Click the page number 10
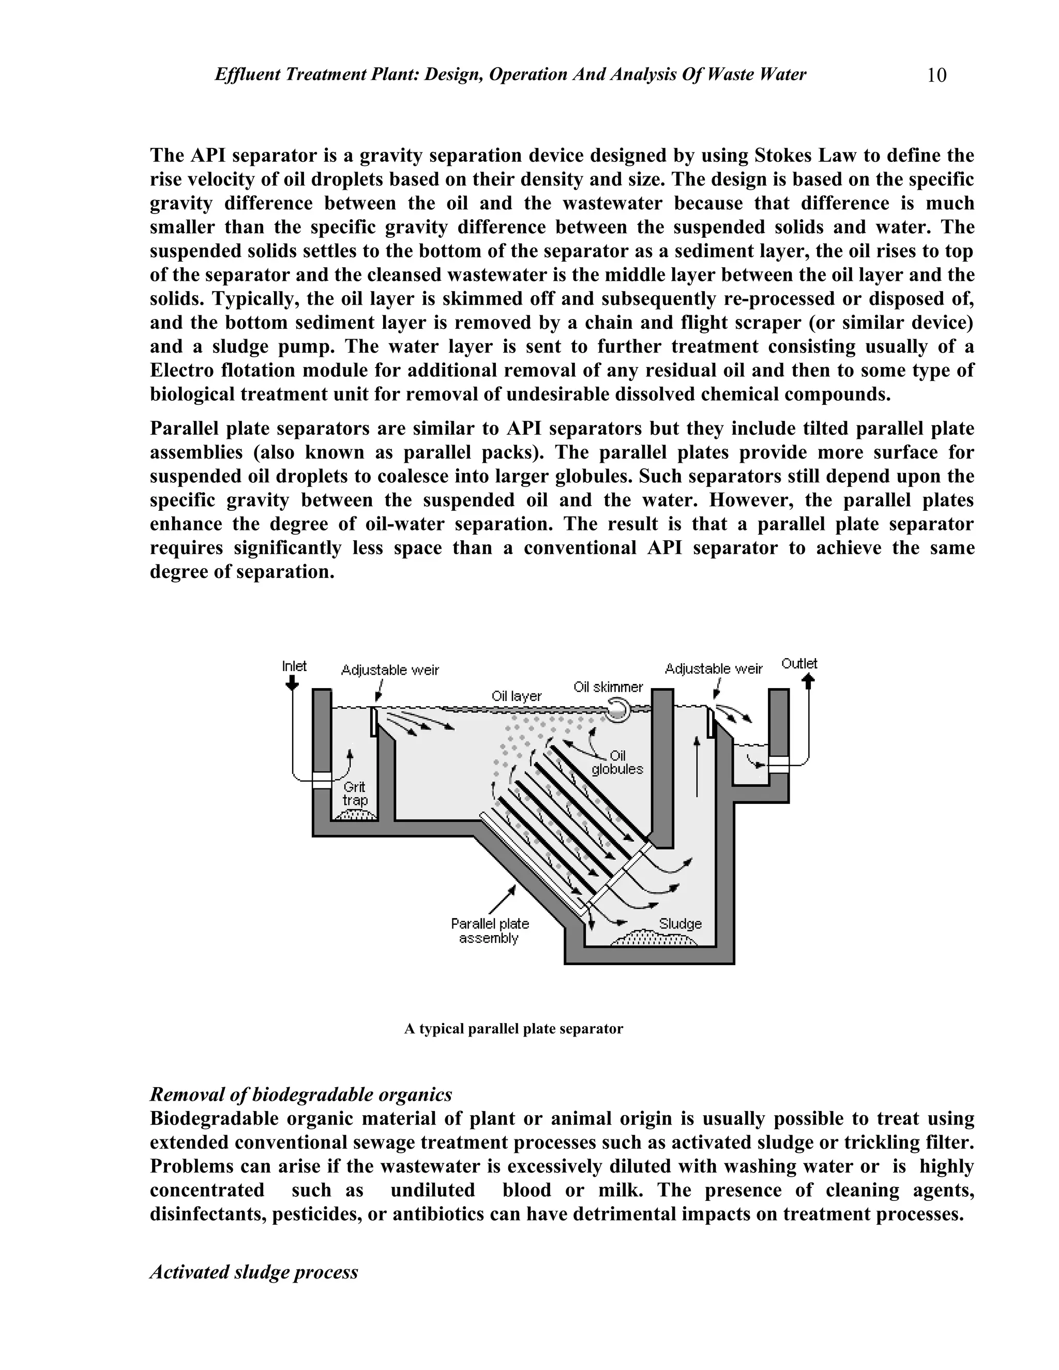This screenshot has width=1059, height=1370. click(x=936, y=75)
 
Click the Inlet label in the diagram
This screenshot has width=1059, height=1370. click(x=294, y=666)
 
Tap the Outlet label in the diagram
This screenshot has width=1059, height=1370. click(x=799, y=664)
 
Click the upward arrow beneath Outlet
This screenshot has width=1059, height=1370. click(x=809, y=681)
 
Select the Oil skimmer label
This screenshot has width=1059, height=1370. click(x=608, y=687)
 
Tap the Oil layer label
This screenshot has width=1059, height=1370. click(x=517, y=696)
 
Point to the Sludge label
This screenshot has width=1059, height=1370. click(x=680, y=924)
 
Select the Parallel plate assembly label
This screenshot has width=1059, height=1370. click(x=490, y=931)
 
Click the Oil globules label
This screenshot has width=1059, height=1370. click(x=617, y=762)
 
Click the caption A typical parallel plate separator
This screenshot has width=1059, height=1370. click(x=513, y=1029)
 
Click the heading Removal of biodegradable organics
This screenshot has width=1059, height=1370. click(x=300, y=1094)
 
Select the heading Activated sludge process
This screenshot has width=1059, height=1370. click(x=253, y=1272)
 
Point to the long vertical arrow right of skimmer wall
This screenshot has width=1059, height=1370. click(x=697, y=767)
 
